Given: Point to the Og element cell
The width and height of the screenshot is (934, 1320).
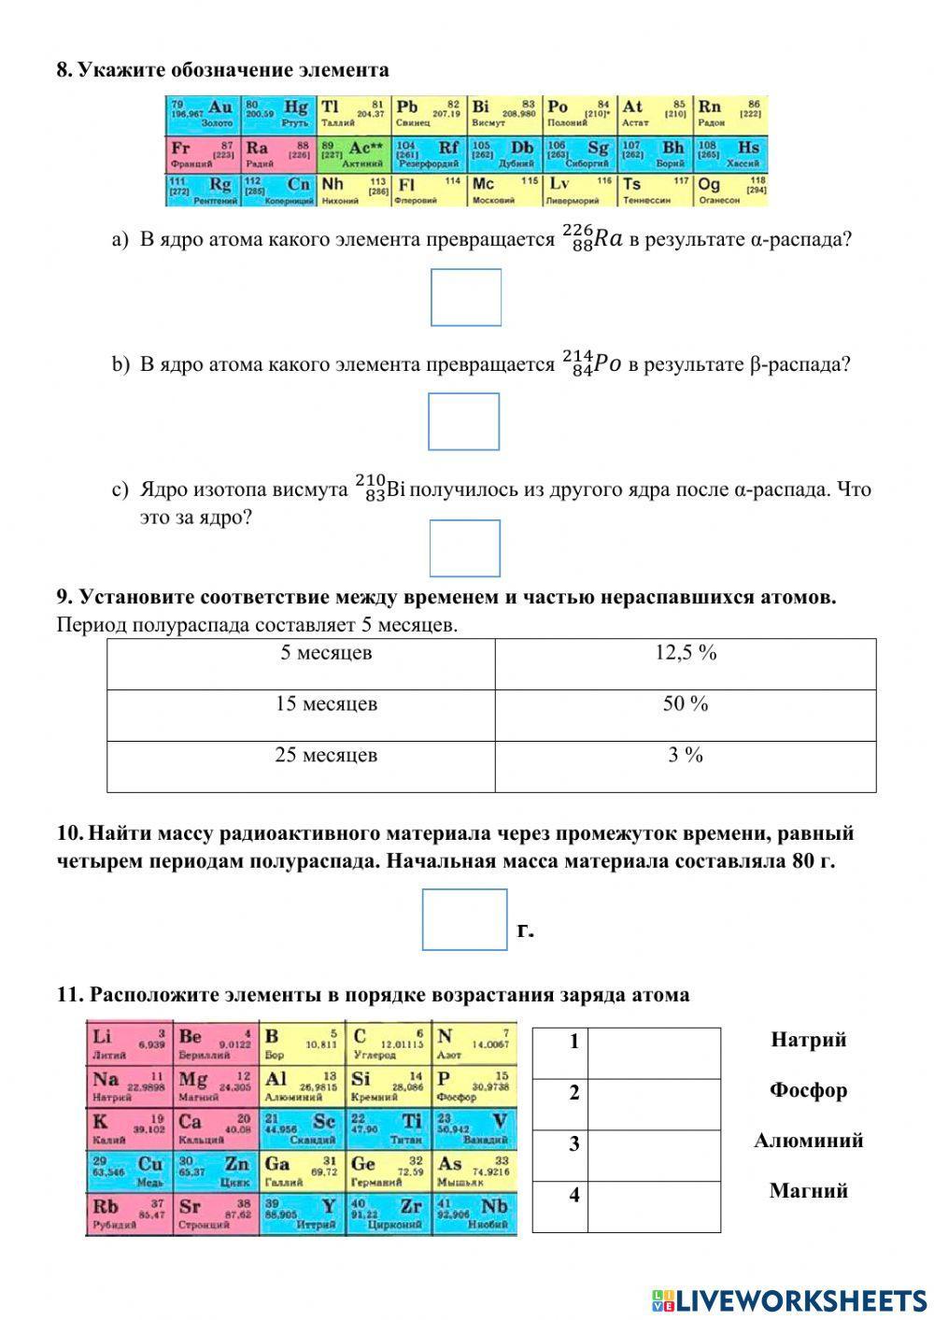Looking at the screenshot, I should coord(730,191).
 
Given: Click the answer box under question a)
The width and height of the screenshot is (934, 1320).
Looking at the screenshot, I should coord(465,297).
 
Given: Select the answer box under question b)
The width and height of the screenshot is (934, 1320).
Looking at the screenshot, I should coord(463,421).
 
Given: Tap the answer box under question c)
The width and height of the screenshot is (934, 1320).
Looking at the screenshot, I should coord(464,547).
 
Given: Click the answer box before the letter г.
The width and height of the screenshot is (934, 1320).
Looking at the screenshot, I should coord(464,919).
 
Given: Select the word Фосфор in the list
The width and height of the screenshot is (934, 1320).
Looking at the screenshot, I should coord(808,1090).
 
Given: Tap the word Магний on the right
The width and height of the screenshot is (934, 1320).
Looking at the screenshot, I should coord(808,1191).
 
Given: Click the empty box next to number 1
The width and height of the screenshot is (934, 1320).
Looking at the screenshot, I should coord(654,1053).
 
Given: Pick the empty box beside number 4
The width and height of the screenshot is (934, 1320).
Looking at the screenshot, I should coord(654,1206).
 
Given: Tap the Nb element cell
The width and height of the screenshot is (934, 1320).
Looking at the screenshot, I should coord(474,1214).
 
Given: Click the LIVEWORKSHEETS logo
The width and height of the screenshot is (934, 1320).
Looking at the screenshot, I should coord(789,1299).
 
